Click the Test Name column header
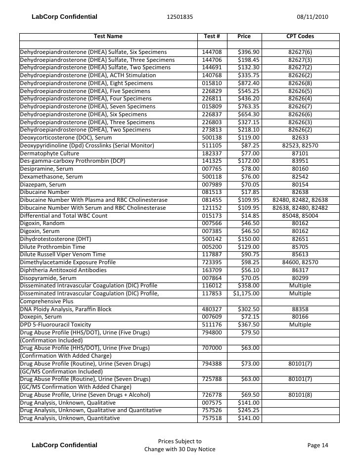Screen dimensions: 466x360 pos(108,37)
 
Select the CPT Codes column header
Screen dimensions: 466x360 pos(300,37)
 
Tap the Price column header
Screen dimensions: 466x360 pos(244,37)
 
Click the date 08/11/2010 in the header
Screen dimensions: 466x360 pos(312,17)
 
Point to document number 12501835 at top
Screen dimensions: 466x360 pos(180,17)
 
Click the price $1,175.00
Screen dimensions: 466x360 pos(246,293)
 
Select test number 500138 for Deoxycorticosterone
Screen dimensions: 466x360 pos(212,138)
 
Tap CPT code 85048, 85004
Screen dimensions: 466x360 pos(300,216)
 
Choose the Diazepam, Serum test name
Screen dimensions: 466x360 pos(43,185)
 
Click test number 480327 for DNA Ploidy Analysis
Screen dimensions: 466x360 pos(212,309)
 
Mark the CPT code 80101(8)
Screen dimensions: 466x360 pos(300,395)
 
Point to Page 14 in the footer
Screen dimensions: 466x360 pos(317,445)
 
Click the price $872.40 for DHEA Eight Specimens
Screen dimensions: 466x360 pos(248,83)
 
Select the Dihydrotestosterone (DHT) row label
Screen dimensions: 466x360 pos(55,239)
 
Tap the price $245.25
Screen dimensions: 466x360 pos(248,410)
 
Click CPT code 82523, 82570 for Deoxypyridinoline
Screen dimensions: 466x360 pos(300,145)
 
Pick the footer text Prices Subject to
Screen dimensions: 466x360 pos(180,441)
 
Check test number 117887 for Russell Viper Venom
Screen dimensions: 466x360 pos(212,254)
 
